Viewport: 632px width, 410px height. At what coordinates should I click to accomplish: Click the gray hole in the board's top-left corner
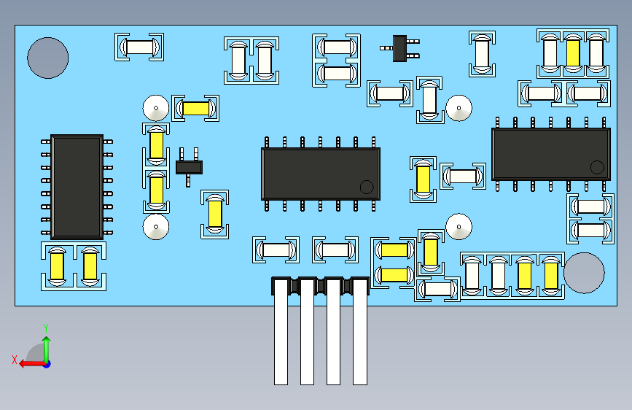click(48, 58)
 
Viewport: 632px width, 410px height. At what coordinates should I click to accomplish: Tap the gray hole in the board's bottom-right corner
click(584, 273)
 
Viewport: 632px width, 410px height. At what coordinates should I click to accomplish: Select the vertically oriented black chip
click(77, 186)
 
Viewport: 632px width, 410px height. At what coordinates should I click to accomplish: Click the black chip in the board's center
click(321, 173)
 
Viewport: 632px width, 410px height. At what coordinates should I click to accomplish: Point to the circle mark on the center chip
click(367, 186)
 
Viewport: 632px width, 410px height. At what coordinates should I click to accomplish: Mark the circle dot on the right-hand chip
click(597, 166)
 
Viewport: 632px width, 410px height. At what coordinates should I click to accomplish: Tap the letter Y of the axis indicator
click(46, 328)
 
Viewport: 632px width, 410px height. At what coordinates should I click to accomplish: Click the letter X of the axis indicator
click(14, 360)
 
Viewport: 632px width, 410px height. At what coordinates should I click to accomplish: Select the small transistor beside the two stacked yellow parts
click(189, 166)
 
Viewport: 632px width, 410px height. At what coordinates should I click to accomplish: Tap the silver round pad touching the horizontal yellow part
click(155, 108)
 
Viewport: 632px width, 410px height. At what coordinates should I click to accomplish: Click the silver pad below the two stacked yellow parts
click(155, 227)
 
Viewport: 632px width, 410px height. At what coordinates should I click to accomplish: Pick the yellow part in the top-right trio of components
click(573, 52)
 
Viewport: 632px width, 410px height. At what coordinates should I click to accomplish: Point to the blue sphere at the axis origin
click(47, 363)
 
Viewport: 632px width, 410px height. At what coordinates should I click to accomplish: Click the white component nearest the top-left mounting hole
click(139, 47)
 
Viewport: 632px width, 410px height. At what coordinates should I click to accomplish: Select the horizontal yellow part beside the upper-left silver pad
click(195, 109)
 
